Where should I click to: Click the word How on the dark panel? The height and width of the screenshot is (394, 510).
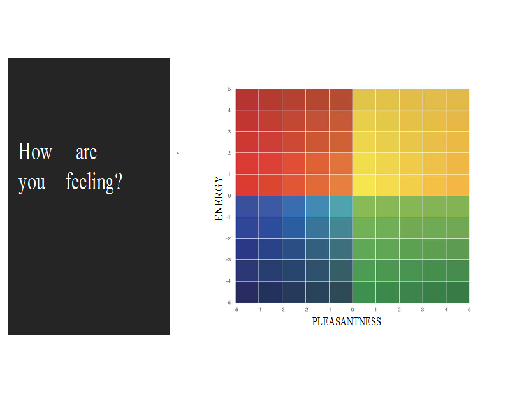point(35,151)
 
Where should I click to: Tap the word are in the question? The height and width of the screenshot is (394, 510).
point(86,152)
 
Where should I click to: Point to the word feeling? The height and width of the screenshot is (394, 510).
point(90,182)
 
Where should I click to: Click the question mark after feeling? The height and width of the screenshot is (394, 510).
point(119,181)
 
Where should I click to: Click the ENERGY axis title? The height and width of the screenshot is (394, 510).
point(219,198)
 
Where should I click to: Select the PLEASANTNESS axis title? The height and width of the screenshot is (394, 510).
point(346,321)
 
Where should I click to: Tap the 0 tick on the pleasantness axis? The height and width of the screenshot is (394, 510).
point(353,310)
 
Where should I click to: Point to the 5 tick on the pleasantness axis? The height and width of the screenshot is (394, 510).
point(469,310)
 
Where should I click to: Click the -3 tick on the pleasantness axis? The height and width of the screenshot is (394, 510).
point(282,310)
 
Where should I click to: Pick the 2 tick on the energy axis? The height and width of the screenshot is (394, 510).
point(229,153)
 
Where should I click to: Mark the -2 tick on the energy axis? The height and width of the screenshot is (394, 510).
point(228,238)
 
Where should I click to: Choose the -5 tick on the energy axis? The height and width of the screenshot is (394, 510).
point(228,303)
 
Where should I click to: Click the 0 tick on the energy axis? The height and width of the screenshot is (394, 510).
point(229,196)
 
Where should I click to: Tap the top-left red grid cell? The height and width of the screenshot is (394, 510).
point(247,99)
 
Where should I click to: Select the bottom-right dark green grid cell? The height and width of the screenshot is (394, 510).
point(458,292)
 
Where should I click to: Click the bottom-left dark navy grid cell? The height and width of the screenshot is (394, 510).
point(247,292)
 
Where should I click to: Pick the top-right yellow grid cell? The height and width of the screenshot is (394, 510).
point(458,99)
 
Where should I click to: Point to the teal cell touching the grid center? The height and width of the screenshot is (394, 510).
point(340,207)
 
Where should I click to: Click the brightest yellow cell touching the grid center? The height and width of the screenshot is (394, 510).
point(364,185)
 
